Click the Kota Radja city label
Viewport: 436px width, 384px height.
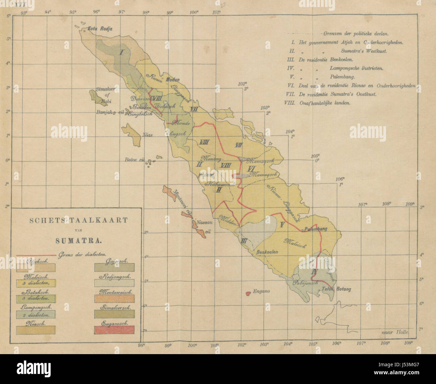pos(99,29)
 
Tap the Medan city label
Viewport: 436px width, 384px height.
pos(172,80)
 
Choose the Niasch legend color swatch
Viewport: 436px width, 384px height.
pos(35,330)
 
